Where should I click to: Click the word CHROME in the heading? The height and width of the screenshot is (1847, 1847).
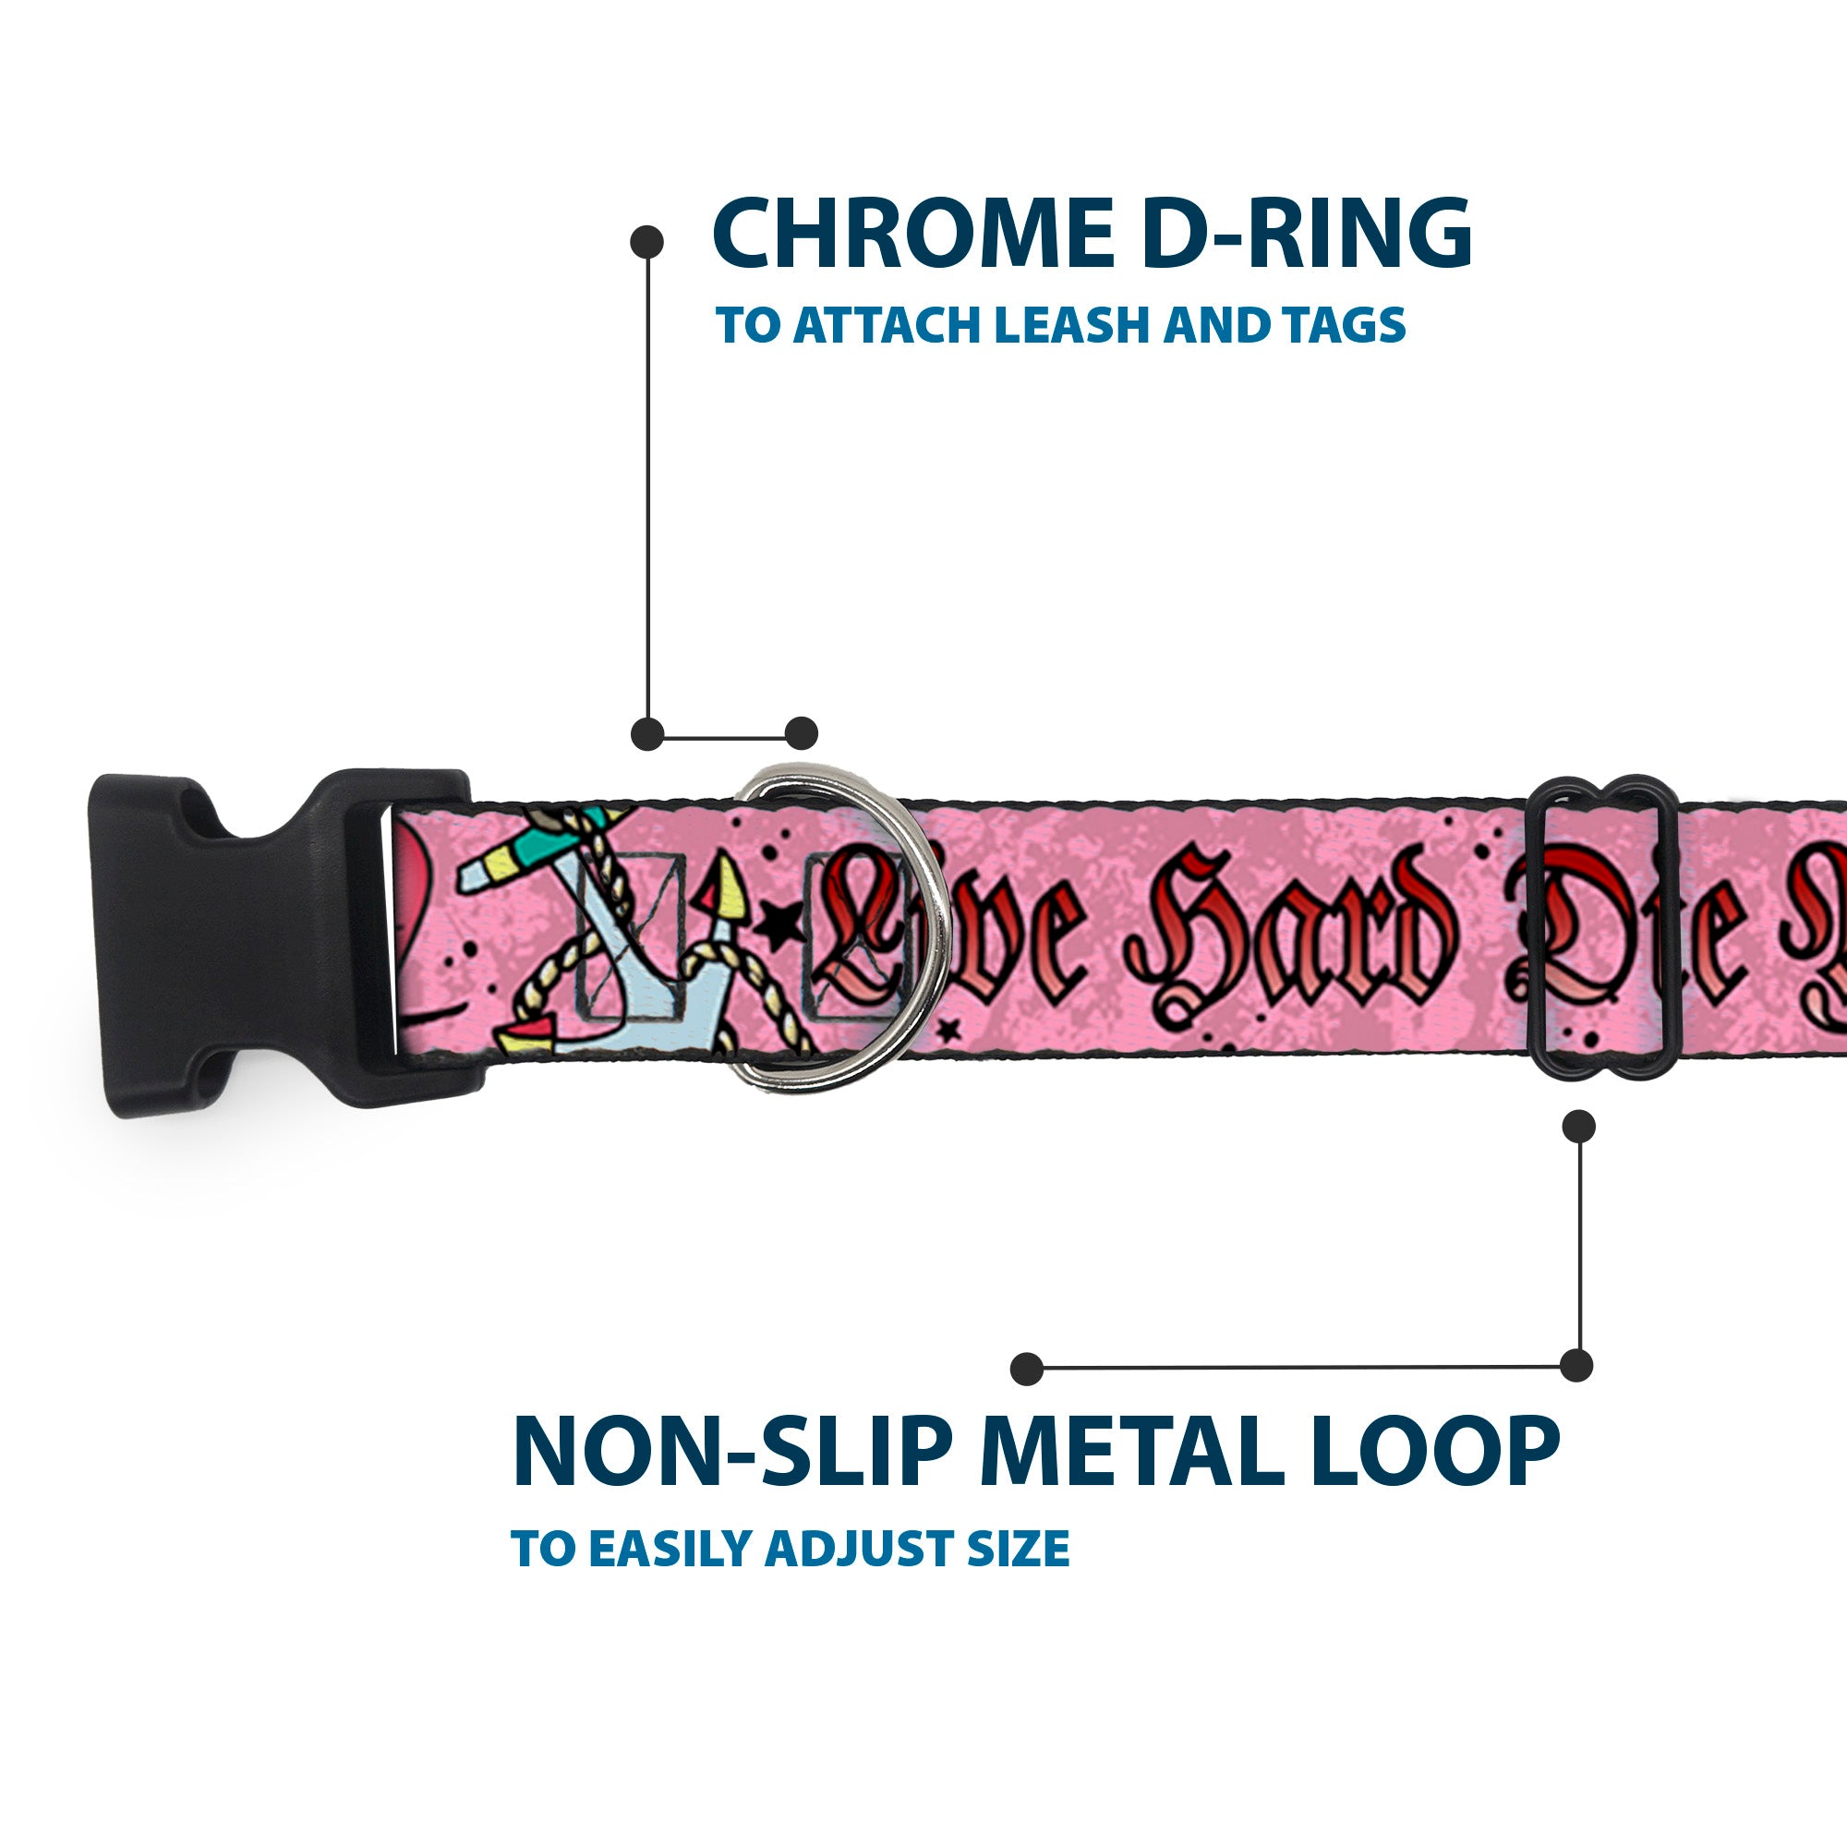913,235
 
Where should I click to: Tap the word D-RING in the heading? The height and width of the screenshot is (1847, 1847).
1307,235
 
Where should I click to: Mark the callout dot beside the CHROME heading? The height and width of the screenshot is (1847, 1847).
647,242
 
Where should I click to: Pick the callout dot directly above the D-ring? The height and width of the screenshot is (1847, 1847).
801,733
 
